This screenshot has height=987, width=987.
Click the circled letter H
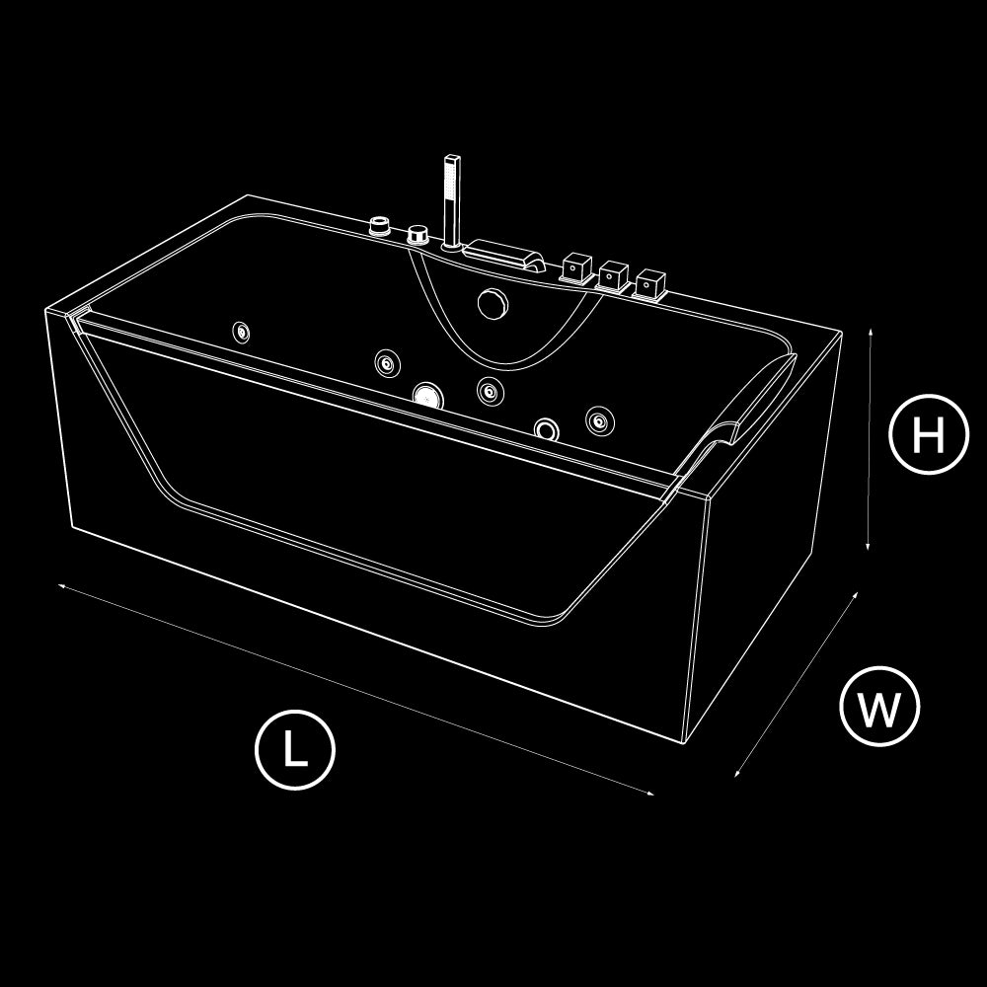pyautogui.click(x=929, y=433)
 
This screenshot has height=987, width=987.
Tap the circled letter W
pyautogui.click(x=879, y=707)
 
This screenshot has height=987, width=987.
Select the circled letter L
pyautogui.click(x=294, y=750)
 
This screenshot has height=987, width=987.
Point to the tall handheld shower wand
pyautogui.click(x=451, y=201)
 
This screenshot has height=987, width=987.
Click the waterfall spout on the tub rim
pyautogui.click(x=504, y=255)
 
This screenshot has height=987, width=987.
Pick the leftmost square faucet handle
pyautogui.click(x=576, y=268)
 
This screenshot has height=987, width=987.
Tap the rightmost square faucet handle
pyautogui.click(x=650, y=285)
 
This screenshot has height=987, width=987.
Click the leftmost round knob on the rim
pyautogui.click(x=380, y=226)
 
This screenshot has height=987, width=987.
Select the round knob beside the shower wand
pyautogui.click(x=418, y=235)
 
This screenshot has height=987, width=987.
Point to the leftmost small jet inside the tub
pyautogui.click(x=241, y=333)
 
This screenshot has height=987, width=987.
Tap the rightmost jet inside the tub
pyautogui.click(x=599, y=420)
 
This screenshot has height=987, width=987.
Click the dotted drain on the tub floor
pyautogui.click(x=428, y=397)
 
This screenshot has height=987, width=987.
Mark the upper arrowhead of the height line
pyautogui.click(x=871, y=332)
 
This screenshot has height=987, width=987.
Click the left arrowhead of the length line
pyautogui.click(x=62, y=586)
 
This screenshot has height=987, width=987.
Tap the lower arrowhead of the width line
pyautogui.click(x=737, y=773)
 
